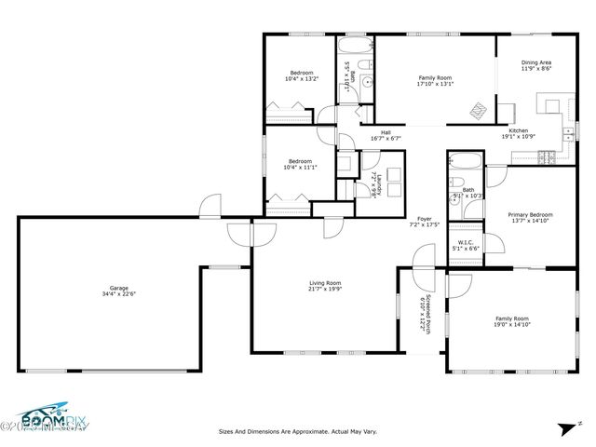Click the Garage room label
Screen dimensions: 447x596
117,288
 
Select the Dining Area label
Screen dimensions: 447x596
535,62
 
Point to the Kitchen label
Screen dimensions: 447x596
518,130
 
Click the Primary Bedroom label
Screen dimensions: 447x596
530,214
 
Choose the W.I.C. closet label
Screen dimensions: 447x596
466,243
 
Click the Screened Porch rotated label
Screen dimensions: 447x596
423,314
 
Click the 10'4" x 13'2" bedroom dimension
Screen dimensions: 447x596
301,79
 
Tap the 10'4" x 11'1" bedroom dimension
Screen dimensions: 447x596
301,167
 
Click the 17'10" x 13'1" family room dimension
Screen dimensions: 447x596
435,84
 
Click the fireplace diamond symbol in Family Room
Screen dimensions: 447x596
478,111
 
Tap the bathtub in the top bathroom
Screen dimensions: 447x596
354,47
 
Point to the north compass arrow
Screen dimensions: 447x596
565,430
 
